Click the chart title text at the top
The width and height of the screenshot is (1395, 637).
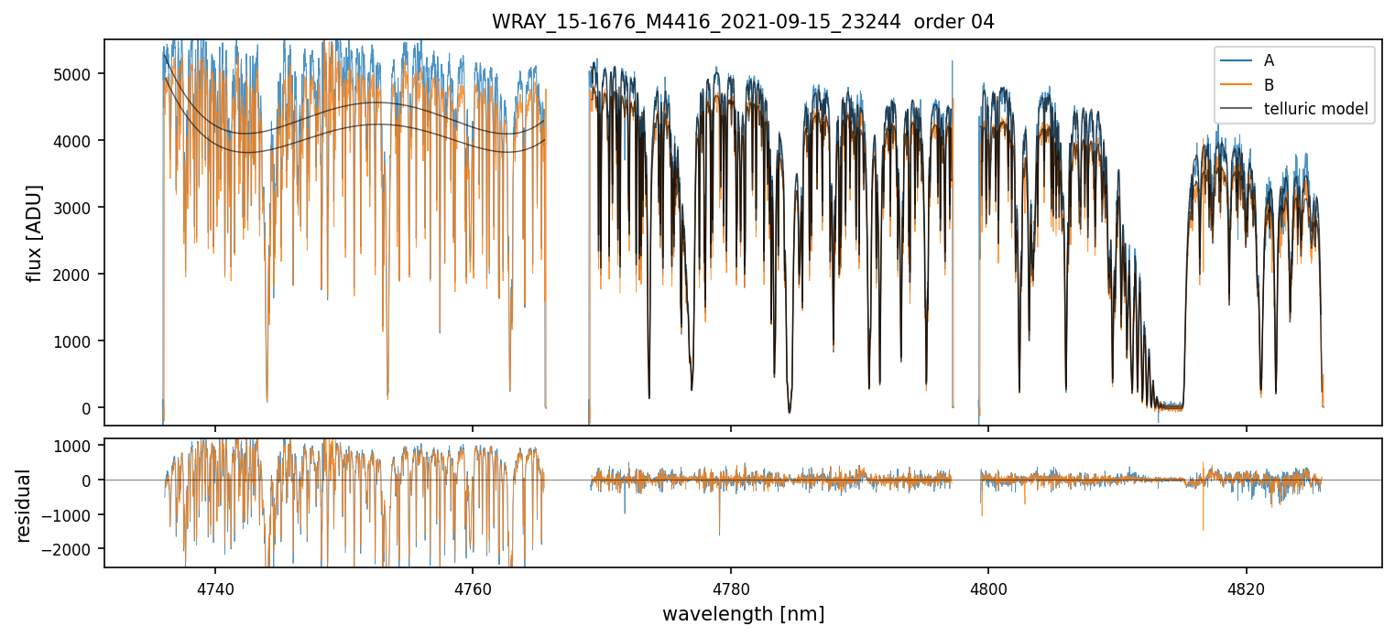743,22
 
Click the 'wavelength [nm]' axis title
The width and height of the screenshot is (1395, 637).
743,614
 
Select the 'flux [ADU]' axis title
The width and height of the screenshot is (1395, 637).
35,232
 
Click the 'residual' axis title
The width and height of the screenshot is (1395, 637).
24,505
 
